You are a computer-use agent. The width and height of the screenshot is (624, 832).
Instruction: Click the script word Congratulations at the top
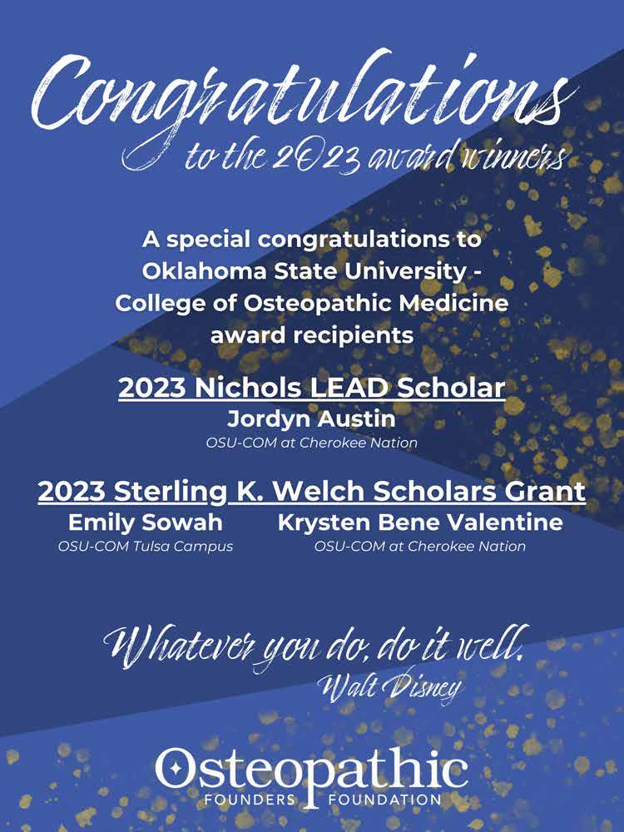click(308, 96)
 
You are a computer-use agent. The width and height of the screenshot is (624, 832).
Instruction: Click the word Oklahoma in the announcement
click(197, 271)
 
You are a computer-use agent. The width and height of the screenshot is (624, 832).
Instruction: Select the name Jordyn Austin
click(311, 420)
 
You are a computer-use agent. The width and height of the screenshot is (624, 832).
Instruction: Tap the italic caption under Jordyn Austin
click(311, 443)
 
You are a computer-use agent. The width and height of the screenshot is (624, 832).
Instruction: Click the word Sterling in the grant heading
click(174, 492)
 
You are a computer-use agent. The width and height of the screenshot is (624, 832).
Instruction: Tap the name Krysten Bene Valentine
click(420, 522)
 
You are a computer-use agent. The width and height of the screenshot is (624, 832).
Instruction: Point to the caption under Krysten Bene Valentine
click(420, 547)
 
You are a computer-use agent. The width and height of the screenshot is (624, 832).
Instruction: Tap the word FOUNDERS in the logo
click(245, 800)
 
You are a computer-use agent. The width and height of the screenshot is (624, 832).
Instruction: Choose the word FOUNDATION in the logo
click(384, 800)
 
